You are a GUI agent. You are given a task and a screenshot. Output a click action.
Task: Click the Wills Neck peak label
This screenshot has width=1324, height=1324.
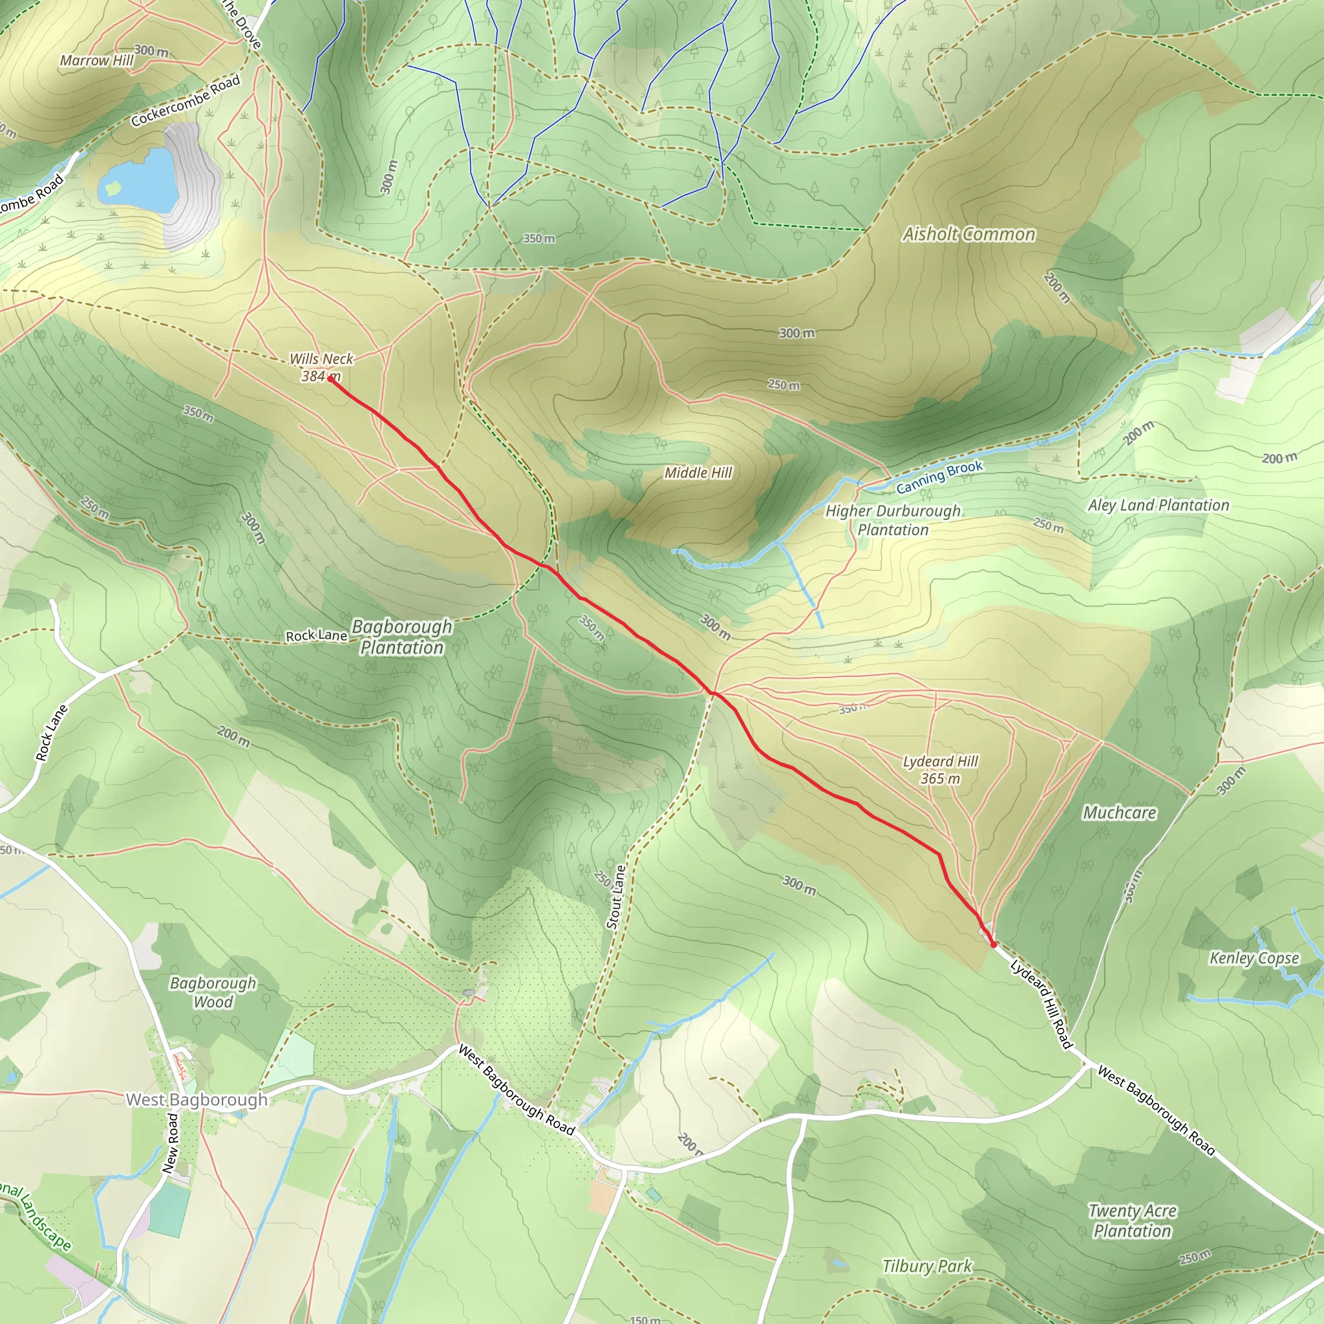point(321,359)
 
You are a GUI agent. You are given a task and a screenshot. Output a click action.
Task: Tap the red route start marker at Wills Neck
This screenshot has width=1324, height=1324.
point(330,379)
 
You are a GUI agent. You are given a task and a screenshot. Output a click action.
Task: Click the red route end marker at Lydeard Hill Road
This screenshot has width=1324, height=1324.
point(994,945)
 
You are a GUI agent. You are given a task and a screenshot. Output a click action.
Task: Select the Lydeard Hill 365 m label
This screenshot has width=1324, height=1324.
point(940,769)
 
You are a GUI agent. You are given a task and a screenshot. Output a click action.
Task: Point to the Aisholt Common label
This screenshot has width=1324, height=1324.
point(968,235)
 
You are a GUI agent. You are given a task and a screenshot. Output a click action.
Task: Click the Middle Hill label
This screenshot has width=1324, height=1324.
point(698,473)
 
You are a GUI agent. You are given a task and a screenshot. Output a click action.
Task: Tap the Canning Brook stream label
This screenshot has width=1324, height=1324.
point(939,476)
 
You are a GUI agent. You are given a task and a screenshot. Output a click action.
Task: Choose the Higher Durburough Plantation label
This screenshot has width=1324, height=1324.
point(893,520)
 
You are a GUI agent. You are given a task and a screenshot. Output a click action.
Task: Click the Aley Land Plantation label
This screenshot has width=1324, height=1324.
point(1158,506)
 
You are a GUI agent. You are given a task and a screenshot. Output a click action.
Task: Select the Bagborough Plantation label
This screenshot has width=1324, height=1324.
point(401,637)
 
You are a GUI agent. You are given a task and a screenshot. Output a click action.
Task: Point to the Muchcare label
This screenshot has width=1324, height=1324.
point(1119,813)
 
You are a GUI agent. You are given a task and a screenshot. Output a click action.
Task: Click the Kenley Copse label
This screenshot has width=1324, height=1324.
point(1254,958)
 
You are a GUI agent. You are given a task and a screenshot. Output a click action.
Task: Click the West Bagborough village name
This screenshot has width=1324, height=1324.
point(197,1100)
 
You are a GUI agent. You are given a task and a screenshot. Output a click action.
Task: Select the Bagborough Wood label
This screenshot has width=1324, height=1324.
point(213,992)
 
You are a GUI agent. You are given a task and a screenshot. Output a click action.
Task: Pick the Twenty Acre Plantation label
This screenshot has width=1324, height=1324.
point(1132,1221)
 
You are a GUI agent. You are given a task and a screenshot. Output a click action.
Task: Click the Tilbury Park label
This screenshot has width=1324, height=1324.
point(926,1266)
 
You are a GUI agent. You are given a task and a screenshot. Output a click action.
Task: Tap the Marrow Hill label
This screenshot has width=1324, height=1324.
point(96,60)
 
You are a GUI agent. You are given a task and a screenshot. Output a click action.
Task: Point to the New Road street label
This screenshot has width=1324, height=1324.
point(171,1143)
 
